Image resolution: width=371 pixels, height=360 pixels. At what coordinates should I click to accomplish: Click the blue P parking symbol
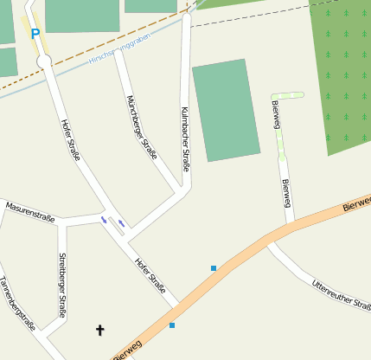coord(35,35)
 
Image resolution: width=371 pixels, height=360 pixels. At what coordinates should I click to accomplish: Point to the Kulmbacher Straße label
coord(185,138)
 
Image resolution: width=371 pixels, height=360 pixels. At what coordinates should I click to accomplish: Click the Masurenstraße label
coord(30,212)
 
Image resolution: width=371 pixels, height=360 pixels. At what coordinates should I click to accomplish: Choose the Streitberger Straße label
coord(61,285)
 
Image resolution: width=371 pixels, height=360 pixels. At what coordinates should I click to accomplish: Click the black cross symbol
coord(99,330)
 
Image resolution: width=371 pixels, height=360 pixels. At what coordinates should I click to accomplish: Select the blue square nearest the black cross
coord(172,325)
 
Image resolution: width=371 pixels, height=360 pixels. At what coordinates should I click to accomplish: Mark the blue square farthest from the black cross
coord(214,268)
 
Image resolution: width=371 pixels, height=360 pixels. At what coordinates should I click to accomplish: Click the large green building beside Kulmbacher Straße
coord(226,110)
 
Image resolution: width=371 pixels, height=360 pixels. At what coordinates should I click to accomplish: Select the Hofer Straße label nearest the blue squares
coord(150,275)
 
